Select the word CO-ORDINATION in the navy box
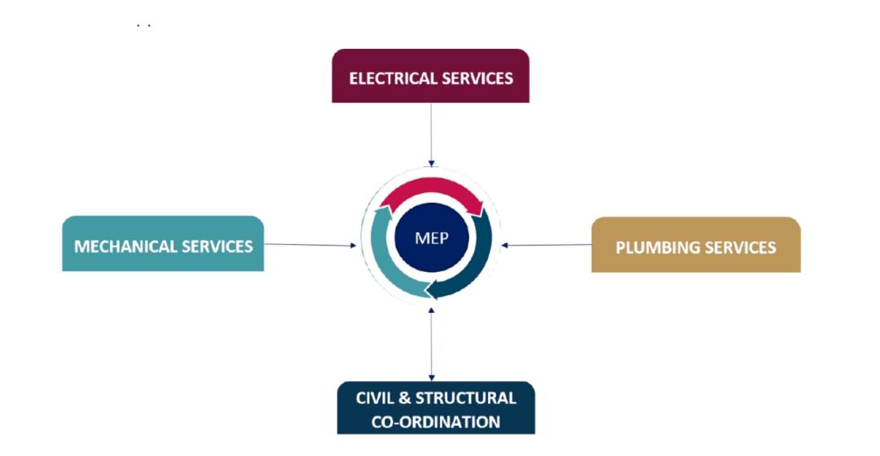435,422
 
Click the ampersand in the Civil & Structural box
405,397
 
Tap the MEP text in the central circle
432,238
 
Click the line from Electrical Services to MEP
431,134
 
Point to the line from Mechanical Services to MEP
310,244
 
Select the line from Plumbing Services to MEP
546,245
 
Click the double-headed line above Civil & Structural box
431,344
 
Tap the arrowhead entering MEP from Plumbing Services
504,245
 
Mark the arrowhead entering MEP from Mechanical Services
354,245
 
